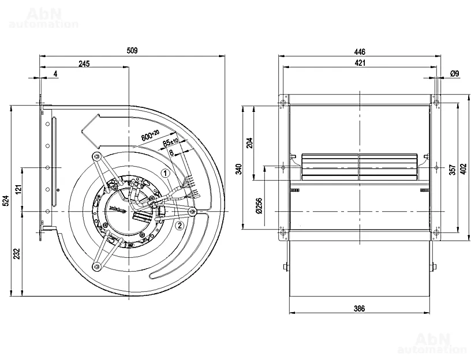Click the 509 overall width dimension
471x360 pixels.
click(x=132, y=51)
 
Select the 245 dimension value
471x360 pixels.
click(x=84, y=63)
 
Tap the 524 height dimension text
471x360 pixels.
click(x=6, y=200)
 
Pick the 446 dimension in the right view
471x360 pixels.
click(x=360, y=51)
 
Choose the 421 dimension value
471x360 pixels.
click(x=360, y=63)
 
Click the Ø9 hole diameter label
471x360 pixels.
click(x=454, y=74)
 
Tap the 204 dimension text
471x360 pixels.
click(x=249, y=143)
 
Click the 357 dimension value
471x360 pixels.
click(x=453, y=169)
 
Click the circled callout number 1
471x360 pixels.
click(x=165, y=172)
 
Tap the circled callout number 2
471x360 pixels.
click(x=180, y=226)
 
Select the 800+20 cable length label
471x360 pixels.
click(x=150, y=136)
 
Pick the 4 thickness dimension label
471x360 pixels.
click(x=55, y=74)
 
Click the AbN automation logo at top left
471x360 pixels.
click(x=44, y=17)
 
